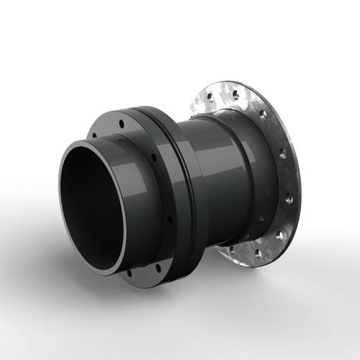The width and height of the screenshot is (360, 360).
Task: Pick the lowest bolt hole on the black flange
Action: pos(130,274)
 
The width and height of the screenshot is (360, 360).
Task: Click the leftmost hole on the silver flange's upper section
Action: pos(208,96)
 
